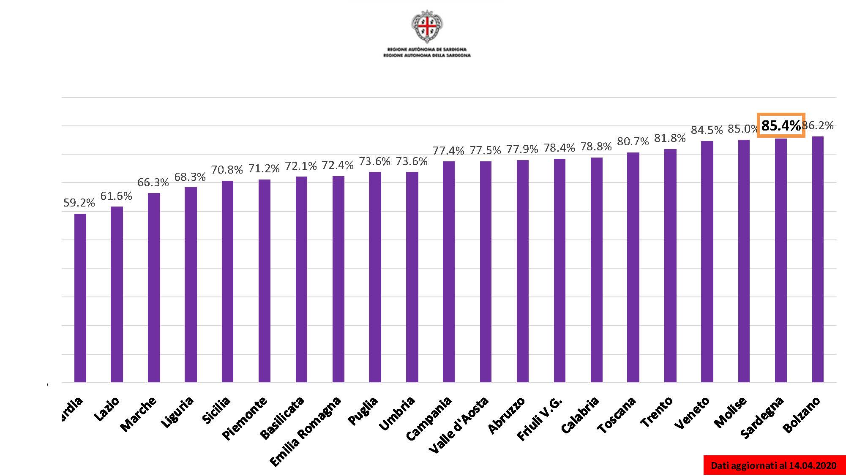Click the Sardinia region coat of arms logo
pos(427,26)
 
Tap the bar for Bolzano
pos(818,259)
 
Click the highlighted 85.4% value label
pos(781,125)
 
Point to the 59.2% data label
pos(79,203)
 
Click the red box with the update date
pos(774,465)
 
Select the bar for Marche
pos(154,288)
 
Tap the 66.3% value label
pos(153,182)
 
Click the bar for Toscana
pos(633,267)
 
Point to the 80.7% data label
pos(633,141)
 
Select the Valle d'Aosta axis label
pos(459,425)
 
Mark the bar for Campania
pos(449,272)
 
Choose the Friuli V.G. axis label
pos(540,419)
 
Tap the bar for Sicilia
pos(227,281)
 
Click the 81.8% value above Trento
pos(670,138)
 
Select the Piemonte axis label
pos(245,418)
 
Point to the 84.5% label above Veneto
pos(707,130)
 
